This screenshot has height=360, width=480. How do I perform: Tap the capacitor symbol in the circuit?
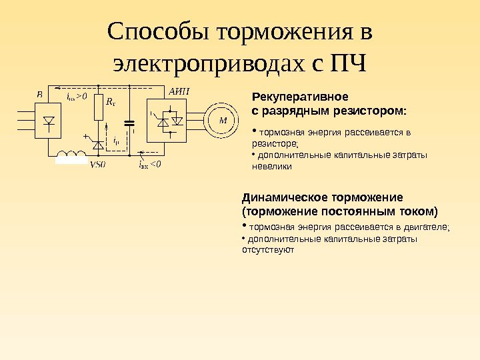coord(131,123)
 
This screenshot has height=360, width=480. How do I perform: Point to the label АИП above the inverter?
coord(179,91)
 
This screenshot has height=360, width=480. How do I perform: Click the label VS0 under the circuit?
coord(97,165)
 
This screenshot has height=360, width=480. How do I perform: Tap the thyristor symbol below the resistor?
coord(99,143)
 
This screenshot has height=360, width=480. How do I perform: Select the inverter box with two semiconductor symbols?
coord(170,121)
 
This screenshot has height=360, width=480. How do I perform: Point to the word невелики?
coord(271,167)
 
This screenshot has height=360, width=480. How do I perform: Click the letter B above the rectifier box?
coord(40,95)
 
